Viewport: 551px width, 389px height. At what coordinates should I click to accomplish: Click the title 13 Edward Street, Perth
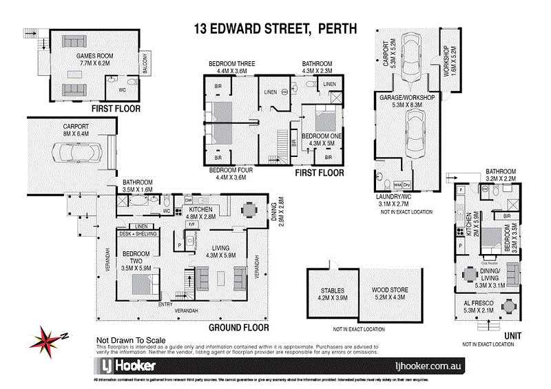point(275,29)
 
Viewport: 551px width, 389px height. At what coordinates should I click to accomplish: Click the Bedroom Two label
point(136,259)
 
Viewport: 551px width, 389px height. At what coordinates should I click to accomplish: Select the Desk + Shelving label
point(139,234)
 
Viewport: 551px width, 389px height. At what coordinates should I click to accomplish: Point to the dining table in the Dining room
point(248,209)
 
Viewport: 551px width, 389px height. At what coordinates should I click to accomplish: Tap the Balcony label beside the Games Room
point(145,65)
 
